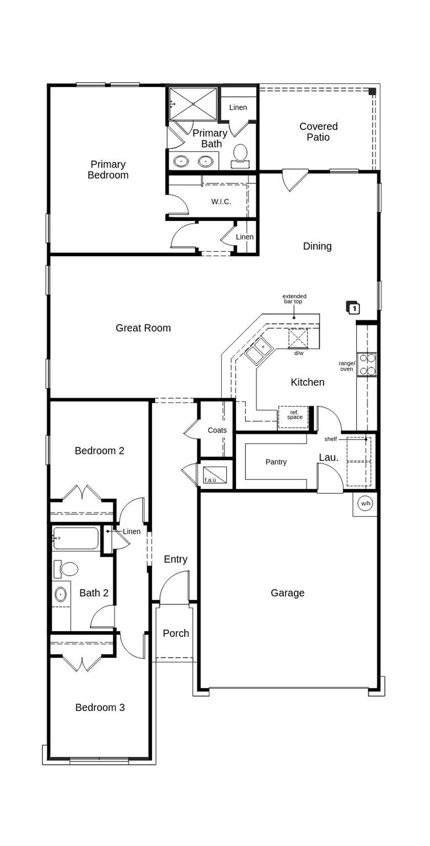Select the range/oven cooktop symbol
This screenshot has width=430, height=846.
pos(367,364)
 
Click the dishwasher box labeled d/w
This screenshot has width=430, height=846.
pos(298,338)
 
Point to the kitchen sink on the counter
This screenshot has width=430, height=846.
pos(258,350)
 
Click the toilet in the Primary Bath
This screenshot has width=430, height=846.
pos(240,154)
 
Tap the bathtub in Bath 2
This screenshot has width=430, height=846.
pos(76,538)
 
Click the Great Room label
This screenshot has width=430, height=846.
pos(143,328)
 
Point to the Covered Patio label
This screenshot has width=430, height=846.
pos(318,132)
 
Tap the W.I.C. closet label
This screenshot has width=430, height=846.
pos(221,202)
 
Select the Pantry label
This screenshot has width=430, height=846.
pos(276,462)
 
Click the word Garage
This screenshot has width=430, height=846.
pos(287,593)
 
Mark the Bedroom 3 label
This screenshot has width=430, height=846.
pos(100,707)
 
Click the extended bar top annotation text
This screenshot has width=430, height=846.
pos(294,299)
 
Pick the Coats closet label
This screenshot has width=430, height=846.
pos(217,430)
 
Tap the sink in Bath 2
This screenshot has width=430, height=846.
pos(61,594)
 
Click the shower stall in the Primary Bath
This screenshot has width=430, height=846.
pos(193,104)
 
